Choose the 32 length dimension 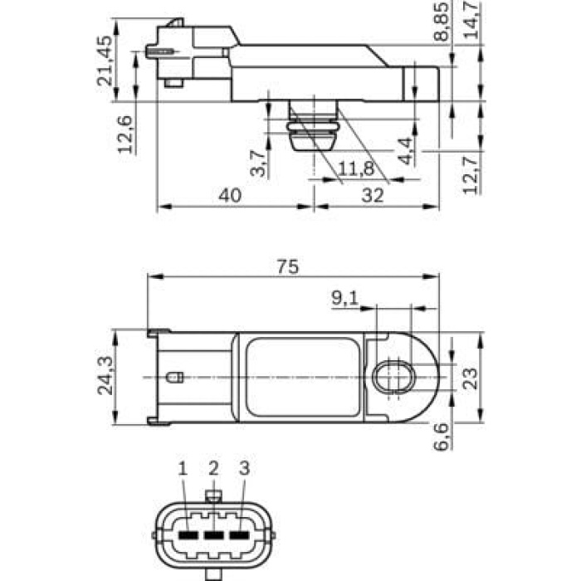coord(374,195)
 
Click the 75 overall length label coord(287,266)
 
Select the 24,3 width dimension coord(105,376)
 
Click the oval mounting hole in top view coord(392,378)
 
